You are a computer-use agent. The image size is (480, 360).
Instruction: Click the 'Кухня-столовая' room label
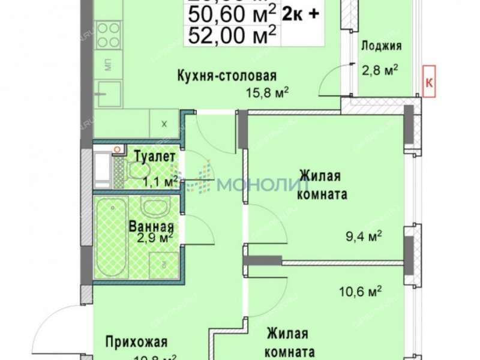(x=226, y=76)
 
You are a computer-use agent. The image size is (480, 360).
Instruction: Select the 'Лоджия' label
(x=382, y=46)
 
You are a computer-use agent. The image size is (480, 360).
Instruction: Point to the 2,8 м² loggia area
(x=380, y=70)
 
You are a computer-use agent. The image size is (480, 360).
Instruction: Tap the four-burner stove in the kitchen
(x=109, y=35)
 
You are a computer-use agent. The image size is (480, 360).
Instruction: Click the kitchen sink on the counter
(x=109, y=93)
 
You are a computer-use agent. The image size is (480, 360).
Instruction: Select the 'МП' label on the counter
(x=109, y=65)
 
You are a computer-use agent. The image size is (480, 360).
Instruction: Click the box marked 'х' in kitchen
(x=164, y=124)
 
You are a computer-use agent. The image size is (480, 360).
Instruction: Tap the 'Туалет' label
(x=154, y=156)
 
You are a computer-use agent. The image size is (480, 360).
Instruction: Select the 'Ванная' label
(x=151, y=227)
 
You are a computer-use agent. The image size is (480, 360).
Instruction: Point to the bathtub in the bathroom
(x=110, y=237)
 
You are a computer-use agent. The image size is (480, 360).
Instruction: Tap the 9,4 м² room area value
(x=367, y=236)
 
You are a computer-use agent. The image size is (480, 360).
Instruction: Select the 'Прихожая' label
(x=136, y=343)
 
